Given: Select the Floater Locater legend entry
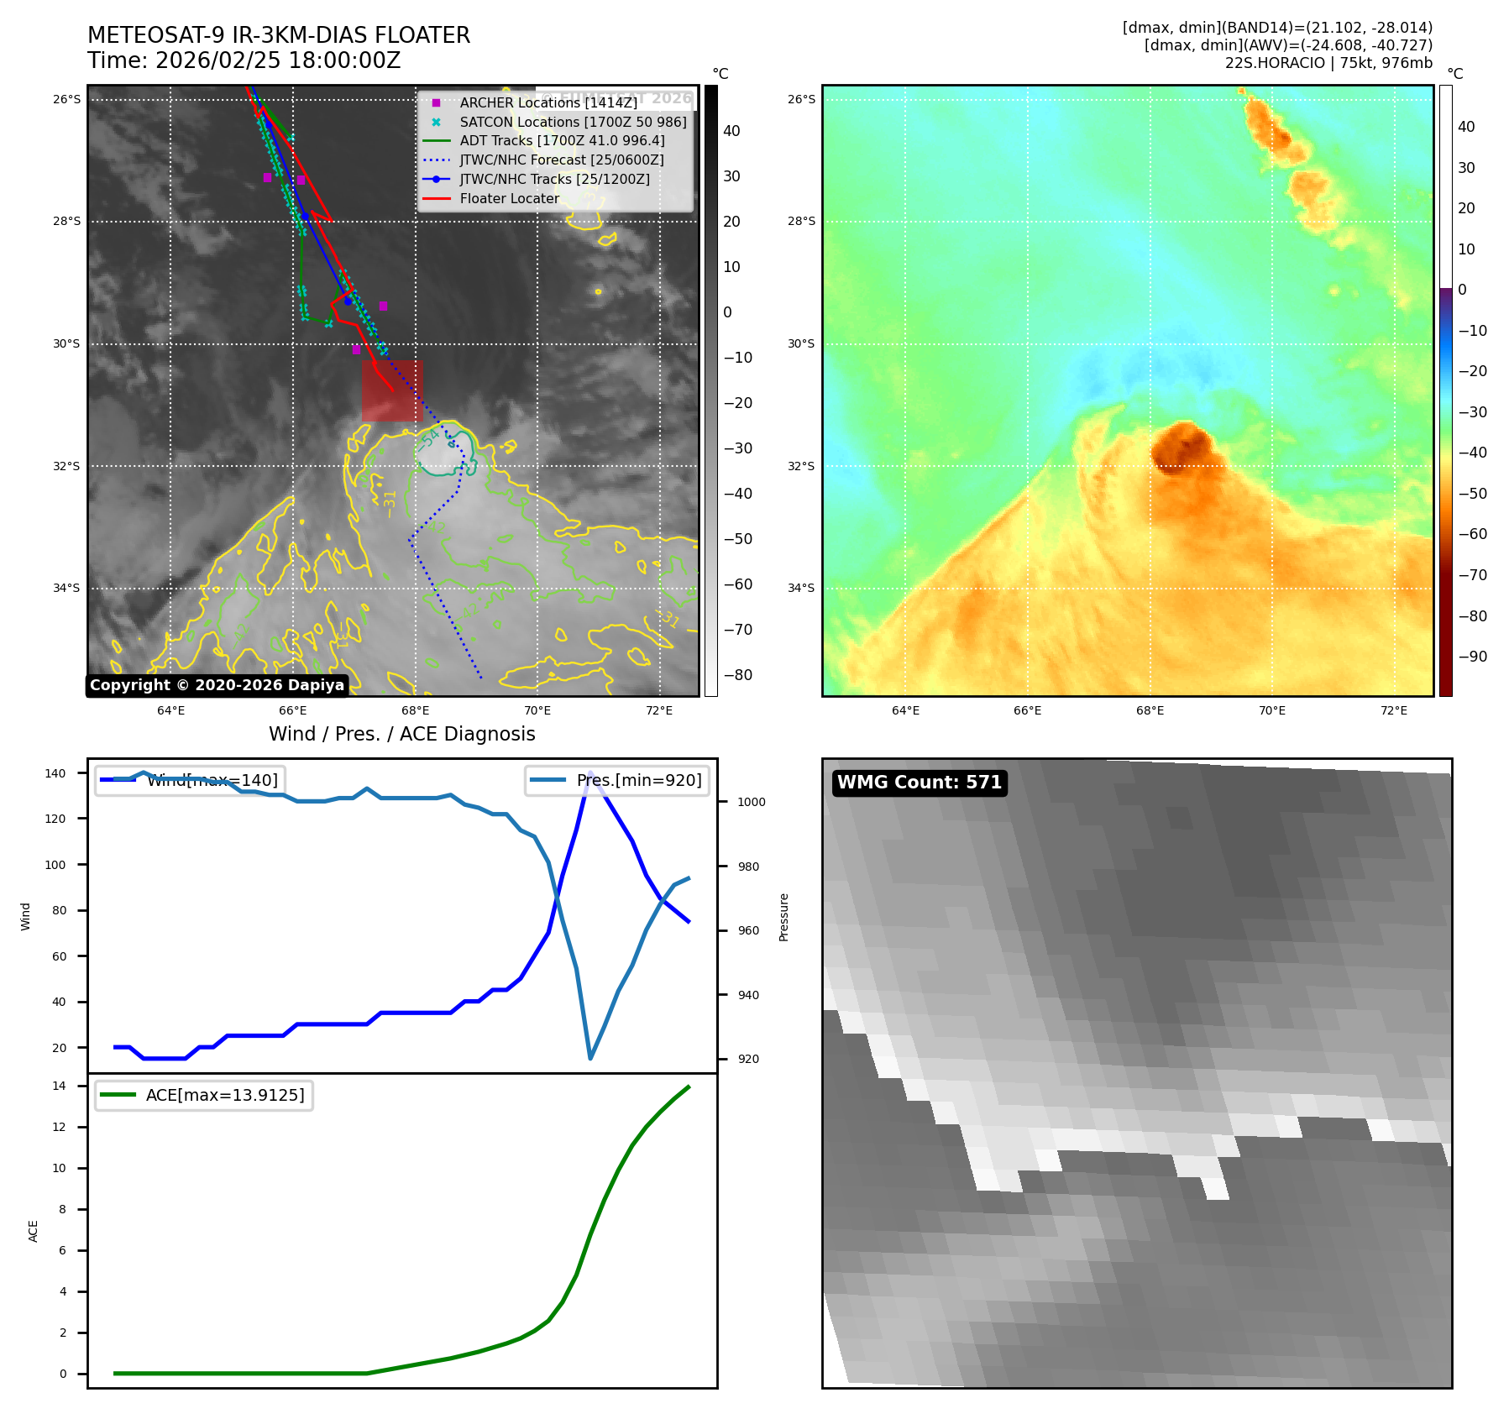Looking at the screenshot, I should point(509,199).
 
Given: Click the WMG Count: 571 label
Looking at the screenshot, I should point(920,783).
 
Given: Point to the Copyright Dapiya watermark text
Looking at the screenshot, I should point(217,685).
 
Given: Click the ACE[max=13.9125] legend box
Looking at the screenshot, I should point(204,1096).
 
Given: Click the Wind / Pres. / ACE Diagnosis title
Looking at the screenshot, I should point(401,734).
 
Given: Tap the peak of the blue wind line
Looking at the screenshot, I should point(590,772).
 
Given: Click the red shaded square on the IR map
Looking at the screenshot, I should point(392,390).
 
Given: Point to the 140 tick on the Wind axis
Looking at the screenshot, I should point(55,773).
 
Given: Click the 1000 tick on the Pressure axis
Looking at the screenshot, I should point(752,802).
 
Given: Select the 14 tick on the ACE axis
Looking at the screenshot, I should point(59,1087).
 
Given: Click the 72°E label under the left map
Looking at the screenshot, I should point(659,711).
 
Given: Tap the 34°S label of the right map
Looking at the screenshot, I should point(800,588).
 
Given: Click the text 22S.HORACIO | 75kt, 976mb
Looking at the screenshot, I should point(1328,63).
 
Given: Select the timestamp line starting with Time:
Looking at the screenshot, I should point(244,61).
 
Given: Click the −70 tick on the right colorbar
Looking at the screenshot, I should point(1472,575).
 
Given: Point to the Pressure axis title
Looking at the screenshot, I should point(783,917).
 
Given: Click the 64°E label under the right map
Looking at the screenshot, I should point(905,711).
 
